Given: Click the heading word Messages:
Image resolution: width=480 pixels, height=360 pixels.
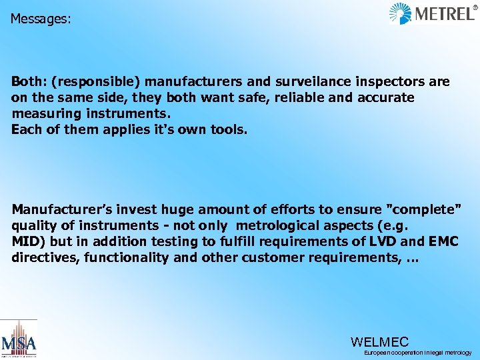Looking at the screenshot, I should coord(41,19).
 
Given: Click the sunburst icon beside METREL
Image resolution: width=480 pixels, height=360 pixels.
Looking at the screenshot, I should coord(400,13).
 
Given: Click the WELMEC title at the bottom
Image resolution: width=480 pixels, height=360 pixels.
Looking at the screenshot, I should coord(379,341).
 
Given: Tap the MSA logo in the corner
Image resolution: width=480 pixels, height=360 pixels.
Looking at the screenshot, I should coord(19,339).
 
